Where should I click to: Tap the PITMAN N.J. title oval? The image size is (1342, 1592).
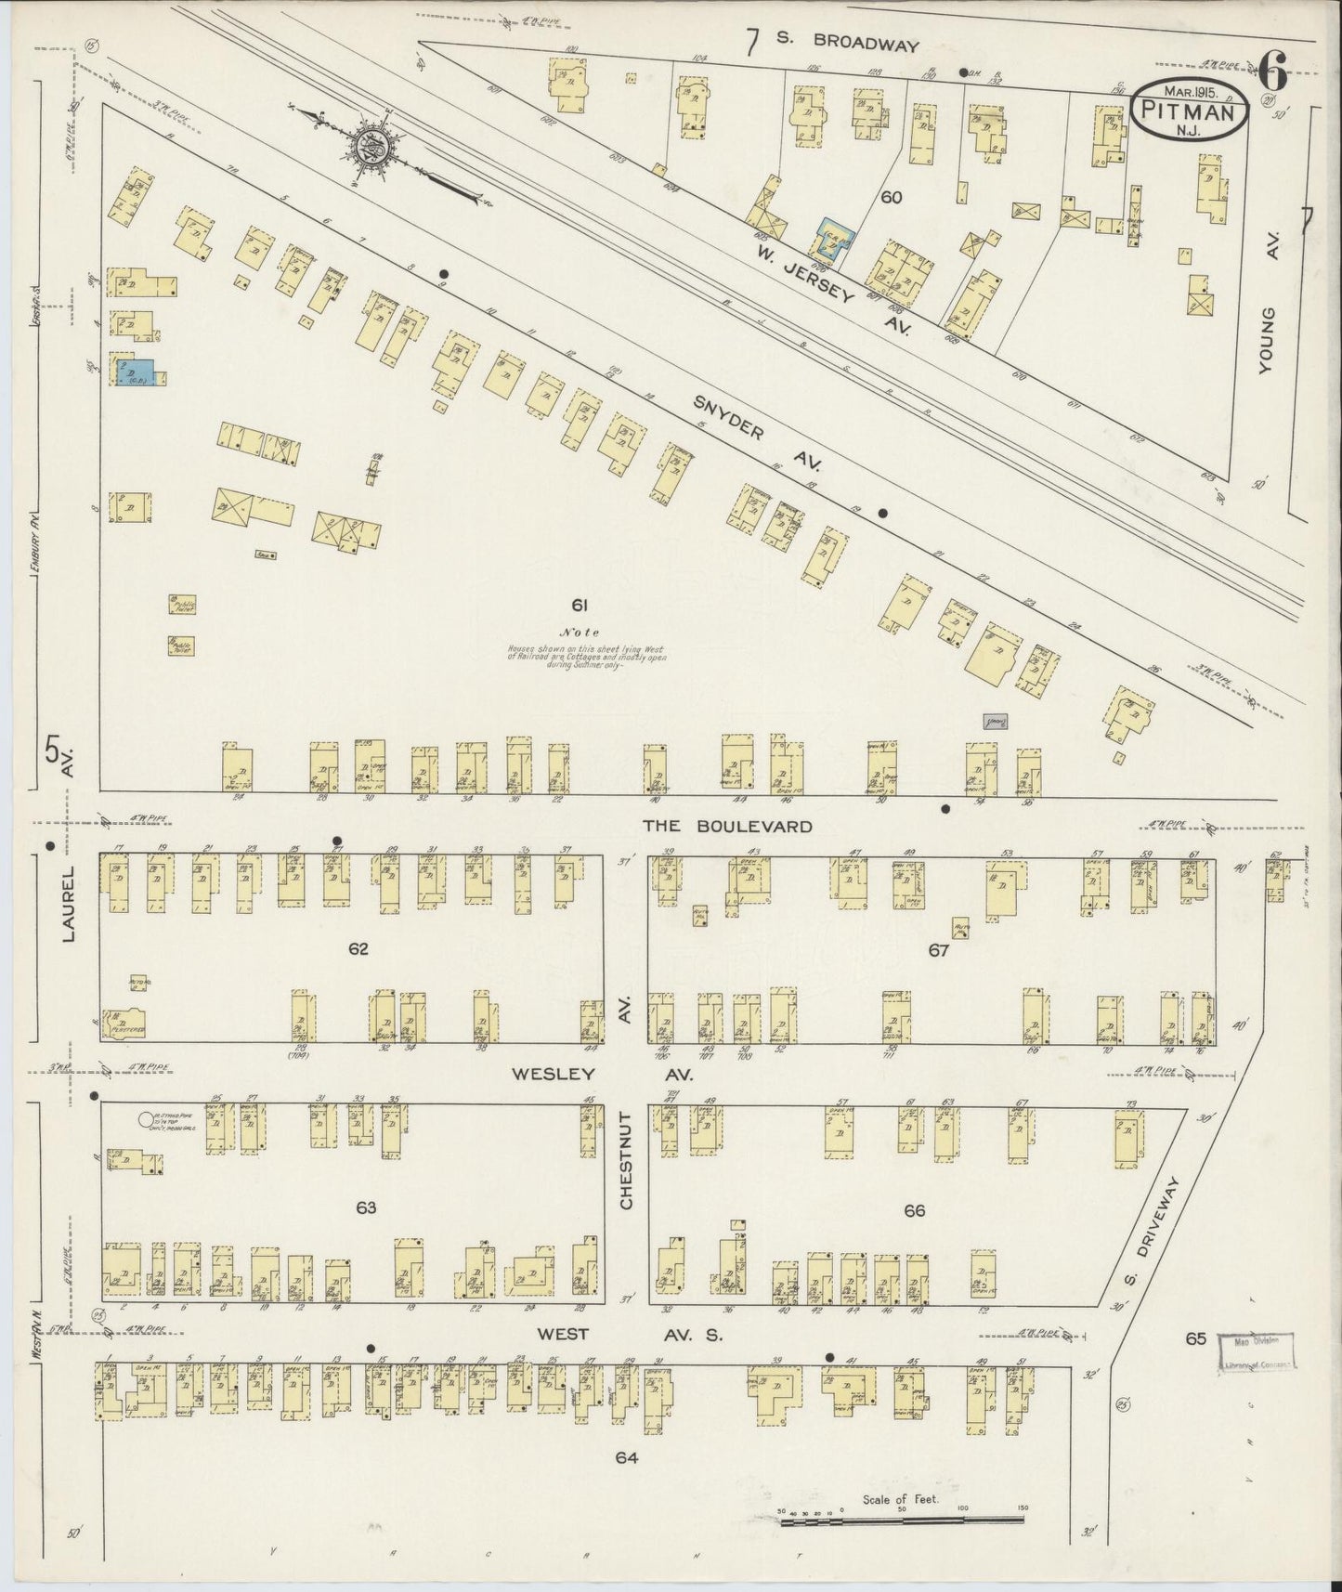click(1188, 110)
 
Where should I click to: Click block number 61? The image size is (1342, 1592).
click(580, 606)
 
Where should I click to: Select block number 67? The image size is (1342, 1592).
click(938, 950)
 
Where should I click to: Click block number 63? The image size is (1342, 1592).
click(365, 1207)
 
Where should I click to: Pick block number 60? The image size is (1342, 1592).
click(892, 197)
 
